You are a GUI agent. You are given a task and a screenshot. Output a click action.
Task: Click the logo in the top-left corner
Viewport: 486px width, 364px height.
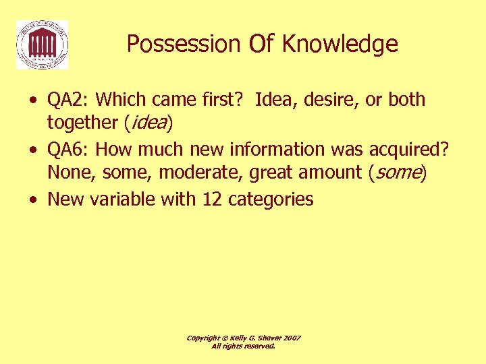[42, 44]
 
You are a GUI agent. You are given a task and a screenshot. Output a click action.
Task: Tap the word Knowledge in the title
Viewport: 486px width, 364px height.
[340, 44]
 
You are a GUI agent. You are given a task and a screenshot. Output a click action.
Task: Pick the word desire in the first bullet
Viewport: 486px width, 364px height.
[330, 100]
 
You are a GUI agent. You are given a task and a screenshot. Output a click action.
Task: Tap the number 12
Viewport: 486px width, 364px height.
[213, 199]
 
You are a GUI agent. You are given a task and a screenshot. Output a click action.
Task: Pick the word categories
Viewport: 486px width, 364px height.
[271, 199]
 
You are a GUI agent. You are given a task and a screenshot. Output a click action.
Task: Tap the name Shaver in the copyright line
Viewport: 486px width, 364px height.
[264, 338]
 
